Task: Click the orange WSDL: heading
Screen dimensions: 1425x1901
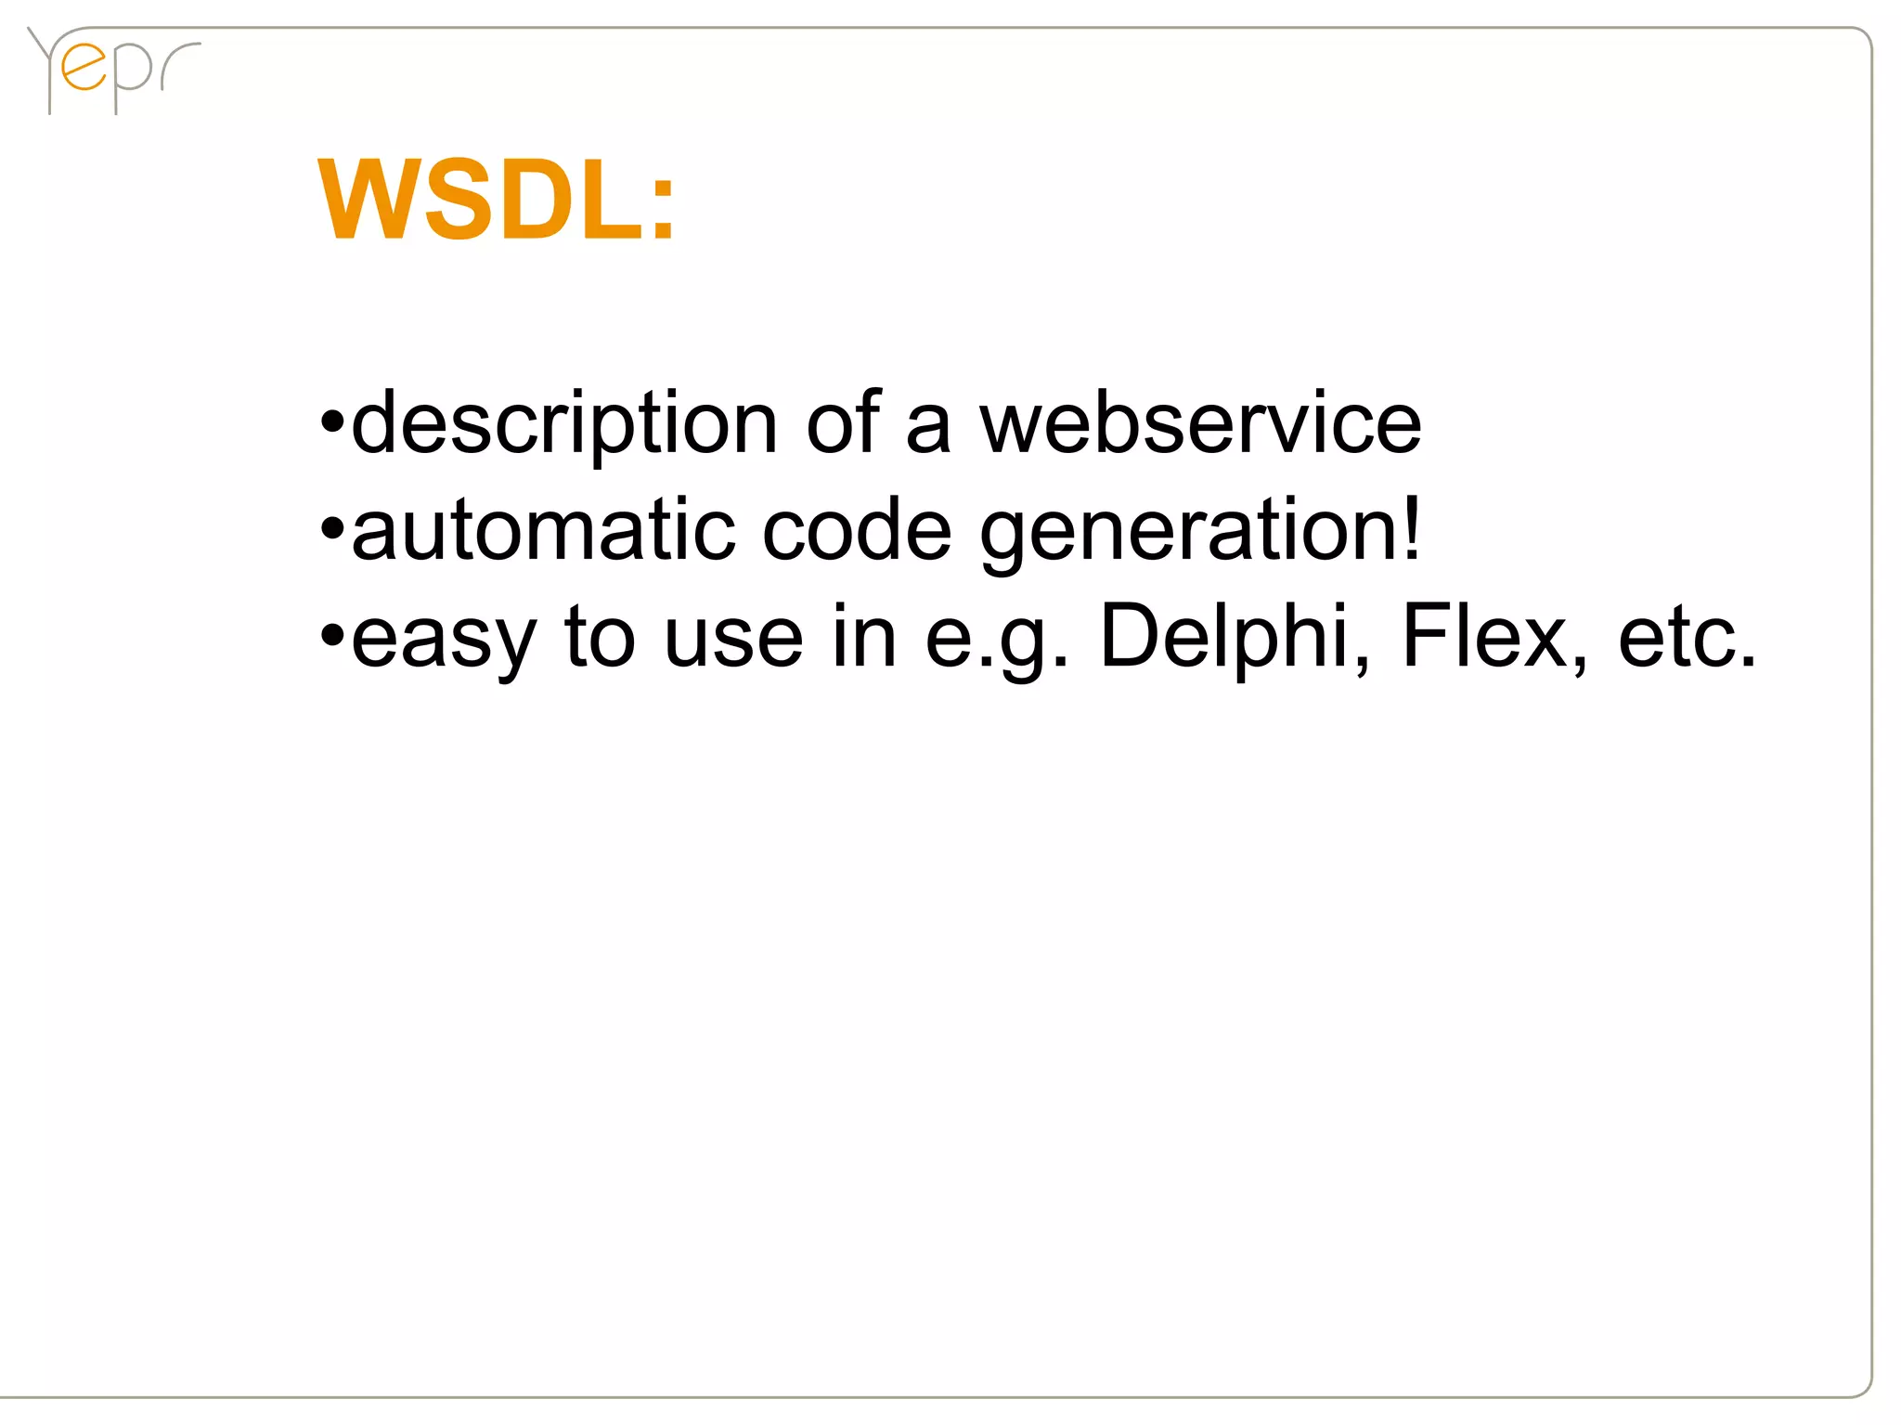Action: click(497, 200)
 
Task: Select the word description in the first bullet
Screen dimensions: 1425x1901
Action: click(564, 425)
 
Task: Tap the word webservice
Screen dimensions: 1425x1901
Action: click(1200, 423)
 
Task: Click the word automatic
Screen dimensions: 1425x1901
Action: click(544, 530)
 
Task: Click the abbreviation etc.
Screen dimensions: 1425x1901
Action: click(1687, 639)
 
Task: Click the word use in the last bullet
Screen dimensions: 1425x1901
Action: click(733, 639)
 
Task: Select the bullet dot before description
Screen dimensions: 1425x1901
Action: click(331, 425)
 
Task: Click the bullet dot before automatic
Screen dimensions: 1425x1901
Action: click(331, 532)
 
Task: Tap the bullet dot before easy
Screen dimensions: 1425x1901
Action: click(331, 639)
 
